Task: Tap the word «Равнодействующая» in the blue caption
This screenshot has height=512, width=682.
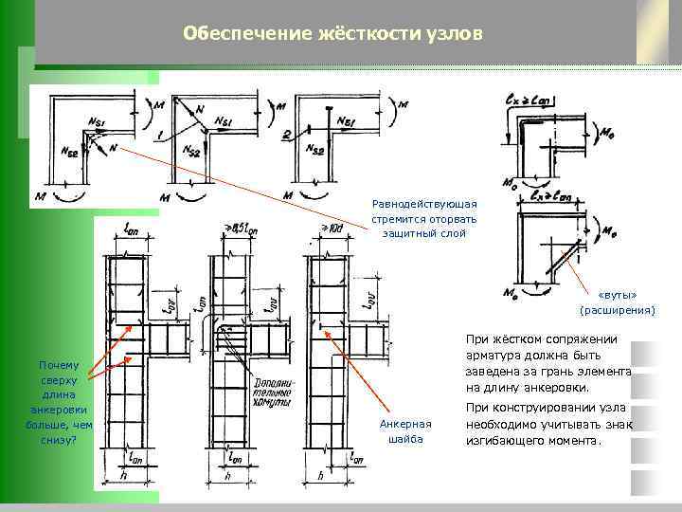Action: tap(424, 204)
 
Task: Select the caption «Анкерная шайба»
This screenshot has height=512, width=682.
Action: tap(404, 431)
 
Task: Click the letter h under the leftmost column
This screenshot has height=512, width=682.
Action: tap(124, 475)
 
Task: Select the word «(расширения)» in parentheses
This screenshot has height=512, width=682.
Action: tap(618, 310)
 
